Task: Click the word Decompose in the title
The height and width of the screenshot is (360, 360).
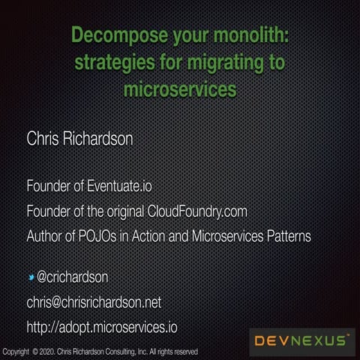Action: click(111, 35)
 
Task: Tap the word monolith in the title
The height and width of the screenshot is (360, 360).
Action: click(249, 35)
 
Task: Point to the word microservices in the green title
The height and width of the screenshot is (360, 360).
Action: click(179, 89)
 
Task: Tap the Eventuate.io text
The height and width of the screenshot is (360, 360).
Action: click(126, 184)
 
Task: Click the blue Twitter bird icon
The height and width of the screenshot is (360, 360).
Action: click(31, 277)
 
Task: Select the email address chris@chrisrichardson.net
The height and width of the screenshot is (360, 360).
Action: click(94, 303)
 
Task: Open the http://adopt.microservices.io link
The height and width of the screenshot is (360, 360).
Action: click(102, 328)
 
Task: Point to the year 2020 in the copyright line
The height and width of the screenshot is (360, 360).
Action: click(48, 352)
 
